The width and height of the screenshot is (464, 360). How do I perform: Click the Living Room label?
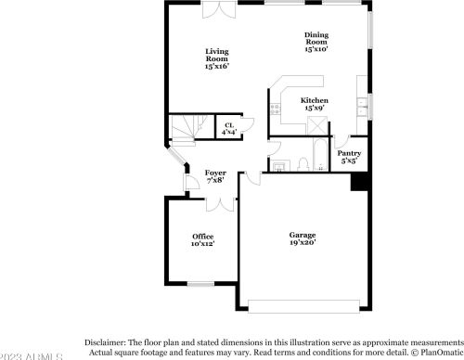(x=217, y=58)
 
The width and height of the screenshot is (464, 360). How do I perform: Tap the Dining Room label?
(x=316, y=42)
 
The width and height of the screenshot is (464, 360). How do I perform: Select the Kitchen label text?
(x=314, y=104)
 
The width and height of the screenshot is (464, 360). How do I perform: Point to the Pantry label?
(x=349, y=156)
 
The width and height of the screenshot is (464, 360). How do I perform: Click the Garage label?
(x=302, y=238)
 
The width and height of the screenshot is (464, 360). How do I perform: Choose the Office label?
(x=202, y=240)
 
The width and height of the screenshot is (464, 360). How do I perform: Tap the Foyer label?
(x=215, y=176)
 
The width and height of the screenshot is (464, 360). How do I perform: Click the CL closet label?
(x=228, y=129)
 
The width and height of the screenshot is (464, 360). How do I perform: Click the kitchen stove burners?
(x=274, y=109)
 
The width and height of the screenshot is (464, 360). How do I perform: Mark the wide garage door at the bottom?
(x=303, y=306)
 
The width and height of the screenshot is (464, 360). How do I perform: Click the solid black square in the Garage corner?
(x=357, y=183)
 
